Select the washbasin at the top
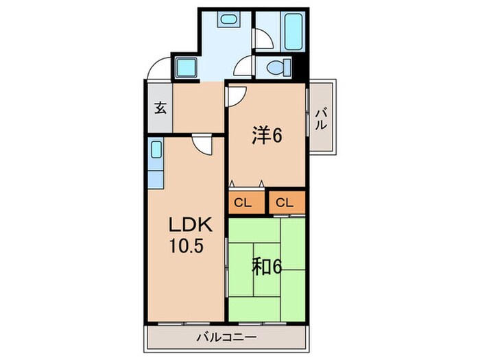point(228,20)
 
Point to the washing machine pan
point(185,68)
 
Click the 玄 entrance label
point(159,108)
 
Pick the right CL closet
point(285,202)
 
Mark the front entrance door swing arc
point(158,69)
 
